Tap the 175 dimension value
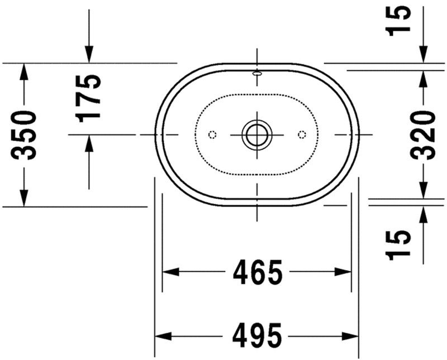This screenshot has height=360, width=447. click(x=89, y=98)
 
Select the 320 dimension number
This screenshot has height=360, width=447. click(x=422, y=135)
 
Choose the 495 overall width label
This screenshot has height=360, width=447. click(x=257, y=336)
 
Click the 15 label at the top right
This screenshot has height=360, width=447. click(x=401, y=21)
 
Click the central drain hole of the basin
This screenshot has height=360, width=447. click(x=256, y=135)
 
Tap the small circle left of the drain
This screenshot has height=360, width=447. click(x=212, y=135)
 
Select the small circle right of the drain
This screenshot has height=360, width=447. click(x=302, y=135)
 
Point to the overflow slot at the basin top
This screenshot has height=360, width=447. click(x=257, y=73)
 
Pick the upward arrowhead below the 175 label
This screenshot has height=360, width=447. click(x=89, y=143)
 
